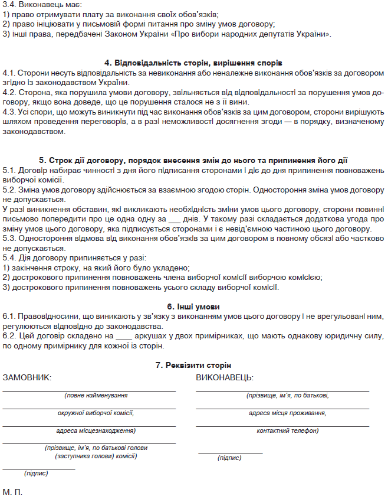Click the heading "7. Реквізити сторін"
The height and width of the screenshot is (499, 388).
[x=193, y=366]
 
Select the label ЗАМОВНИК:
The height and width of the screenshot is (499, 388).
[x=27, y=377]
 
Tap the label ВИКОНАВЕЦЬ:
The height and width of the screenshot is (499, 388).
[x=225, y=377]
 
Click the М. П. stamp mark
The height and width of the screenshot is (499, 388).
[x=12, y=492]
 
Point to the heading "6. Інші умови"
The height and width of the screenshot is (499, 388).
[x=193, y=307]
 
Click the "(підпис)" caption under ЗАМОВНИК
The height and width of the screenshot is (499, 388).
[x=36, y=474]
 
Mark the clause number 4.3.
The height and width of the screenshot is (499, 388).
[x=9, y=111]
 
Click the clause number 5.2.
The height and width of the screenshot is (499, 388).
[x=9, y=191]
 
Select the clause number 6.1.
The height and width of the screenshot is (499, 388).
[x=9, y=317]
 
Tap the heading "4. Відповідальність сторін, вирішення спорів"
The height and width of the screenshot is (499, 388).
[x=193, y=63]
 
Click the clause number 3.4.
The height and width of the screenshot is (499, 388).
[x=9, y=5]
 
